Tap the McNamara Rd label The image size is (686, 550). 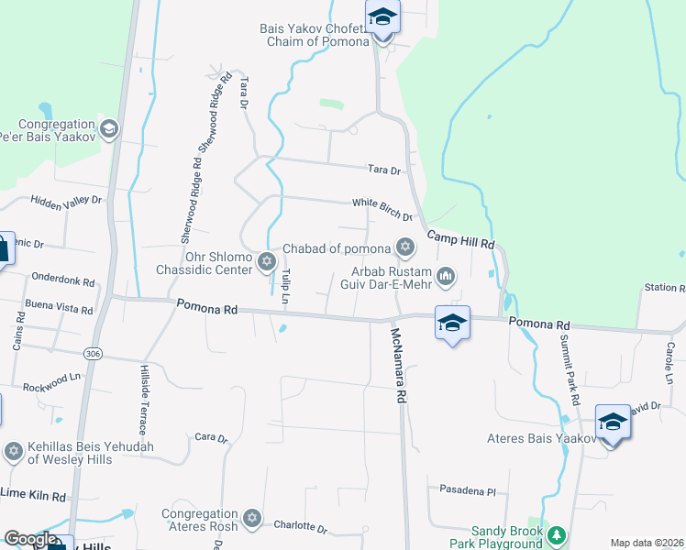coord(398,366)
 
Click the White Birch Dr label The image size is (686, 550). coord(382,209)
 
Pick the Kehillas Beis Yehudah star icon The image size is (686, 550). coord(13,451)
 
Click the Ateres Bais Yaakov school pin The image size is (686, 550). coord(613,423)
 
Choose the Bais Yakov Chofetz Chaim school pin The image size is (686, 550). coord(382,18)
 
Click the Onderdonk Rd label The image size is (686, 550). coord(62,275)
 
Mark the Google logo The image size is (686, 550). coord(29,539)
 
